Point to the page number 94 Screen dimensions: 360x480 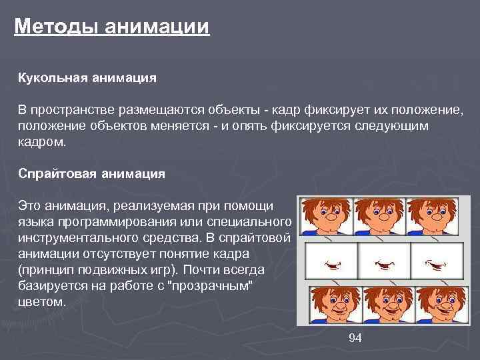355,338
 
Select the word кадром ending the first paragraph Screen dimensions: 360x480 41,141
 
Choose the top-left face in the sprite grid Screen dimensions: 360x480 326,217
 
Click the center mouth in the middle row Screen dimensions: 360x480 385,264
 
